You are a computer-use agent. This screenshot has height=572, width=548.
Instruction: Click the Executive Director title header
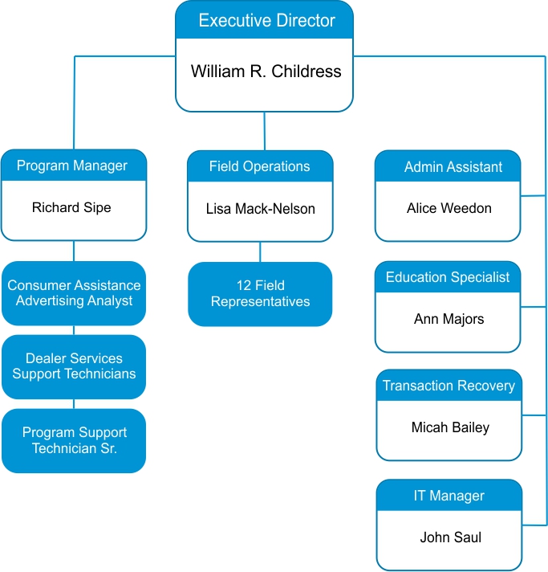coord(265,21)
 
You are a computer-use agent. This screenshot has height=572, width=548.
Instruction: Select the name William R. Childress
coord(266,71)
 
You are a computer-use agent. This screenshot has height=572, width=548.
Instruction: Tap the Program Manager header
coord(73,165)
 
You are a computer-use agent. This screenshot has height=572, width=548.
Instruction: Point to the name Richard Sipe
coord(71,207)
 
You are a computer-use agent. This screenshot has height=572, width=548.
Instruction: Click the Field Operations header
coord(259,166)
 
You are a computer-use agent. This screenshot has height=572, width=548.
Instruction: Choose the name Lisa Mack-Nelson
coord(260,209)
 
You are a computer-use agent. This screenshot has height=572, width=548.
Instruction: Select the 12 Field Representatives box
coord(260,294)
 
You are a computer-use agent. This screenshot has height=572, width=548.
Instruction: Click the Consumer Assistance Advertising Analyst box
coord(74,293)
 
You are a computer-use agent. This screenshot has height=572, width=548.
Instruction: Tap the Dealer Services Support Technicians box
coord(74,366)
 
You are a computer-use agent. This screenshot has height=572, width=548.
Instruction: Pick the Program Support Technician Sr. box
coord(74,440)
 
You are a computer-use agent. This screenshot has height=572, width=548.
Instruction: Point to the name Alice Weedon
coord(449,208)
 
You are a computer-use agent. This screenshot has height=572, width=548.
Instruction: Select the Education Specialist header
coord(448,277)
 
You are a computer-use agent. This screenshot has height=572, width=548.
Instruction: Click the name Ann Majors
coord(449,319)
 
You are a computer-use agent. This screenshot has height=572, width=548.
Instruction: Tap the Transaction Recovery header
coord(449,386)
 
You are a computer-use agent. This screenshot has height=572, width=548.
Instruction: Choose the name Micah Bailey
coord(449,427)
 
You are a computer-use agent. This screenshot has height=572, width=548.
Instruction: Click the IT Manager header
coord(449,496)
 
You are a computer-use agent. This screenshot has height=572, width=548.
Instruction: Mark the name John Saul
coord(450,537)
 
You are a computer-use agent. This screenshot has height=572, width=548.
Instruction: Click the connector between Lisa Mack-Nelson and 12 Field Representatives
coord(260,252)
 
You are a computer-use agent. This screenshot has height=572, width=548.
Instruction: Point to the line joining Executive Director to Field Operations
coord(264,131)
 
